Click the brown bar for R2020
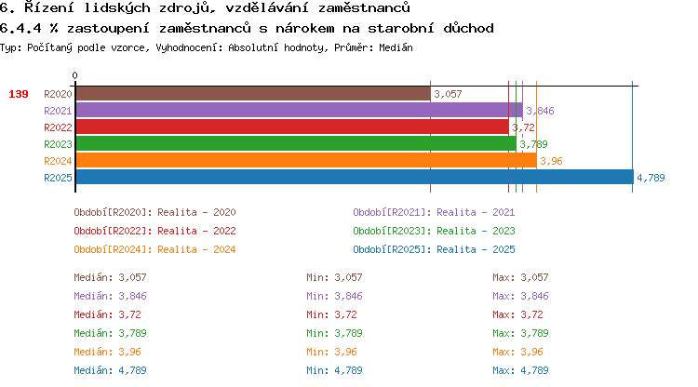pos(253,94)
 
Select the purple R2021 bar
pos(299,111)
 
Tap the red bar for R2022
pos(292,127)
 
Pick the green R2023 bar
pos(296,143)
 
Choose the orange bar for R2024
pos(306,161)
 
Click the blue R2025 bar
pos(355,177)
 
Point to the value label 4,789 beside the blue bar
pos(651,178)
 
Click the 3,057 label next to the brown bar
pos(448,94)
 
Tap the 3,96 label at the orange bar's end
pos(551,161)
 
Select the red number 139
pos(19,94)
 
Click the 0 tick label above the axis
pos(74,75)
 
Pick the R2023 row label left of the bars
pos(58,144)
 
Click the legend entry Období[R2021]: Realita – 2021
pos(434,212)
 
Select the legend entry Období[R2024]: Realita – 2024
pos(154,249)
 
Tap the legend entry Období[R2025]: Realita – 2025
pos(434,249)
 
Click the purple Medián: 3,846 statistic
pos(110,296)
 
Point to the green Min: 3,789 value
pos(334,333)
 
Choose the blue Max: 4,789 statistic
pos(520,370)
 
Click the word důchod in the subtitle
pos(468,29)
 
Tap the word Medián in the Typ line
pos(396,47)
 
